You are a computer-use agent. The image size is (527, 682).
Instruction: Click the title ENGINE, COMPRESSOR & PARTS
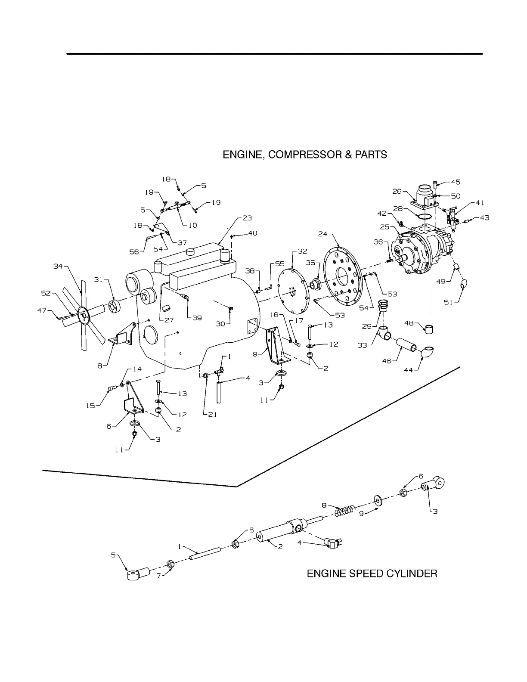[304, 155]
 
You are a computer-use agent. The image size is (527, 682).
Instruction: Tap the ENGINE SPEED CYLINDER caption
[372, 573]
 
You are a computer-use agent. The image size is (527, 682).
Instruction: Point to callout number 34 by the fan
[58, 267]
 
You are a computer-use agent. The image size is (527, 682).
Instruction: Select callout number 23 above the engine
[247, 218]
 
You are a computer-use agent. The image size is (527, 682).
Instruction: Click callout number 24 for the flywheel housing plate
[323, 234]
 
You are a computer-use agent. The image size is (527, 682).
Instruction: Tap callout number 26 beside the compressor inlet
[397, 191]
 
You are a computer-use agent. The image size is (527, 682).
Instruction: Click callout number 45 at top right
[456, 182]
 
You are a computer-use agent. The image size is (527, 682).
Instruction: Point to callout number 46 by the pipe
[387, 361]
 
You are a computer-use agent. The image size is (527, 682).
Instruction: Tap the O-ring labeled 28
[425, 216]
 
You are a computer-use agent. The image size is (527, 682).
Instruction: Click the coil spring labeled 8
[344, 513]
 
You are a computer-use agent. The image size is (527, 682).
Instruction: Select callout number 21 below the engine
[213, 415]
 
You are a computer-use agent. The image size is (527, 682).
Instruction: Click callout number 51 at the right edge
[449, 302]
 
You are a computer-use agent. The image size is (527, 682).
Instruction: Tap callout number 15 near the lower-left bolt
[91, 405]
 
